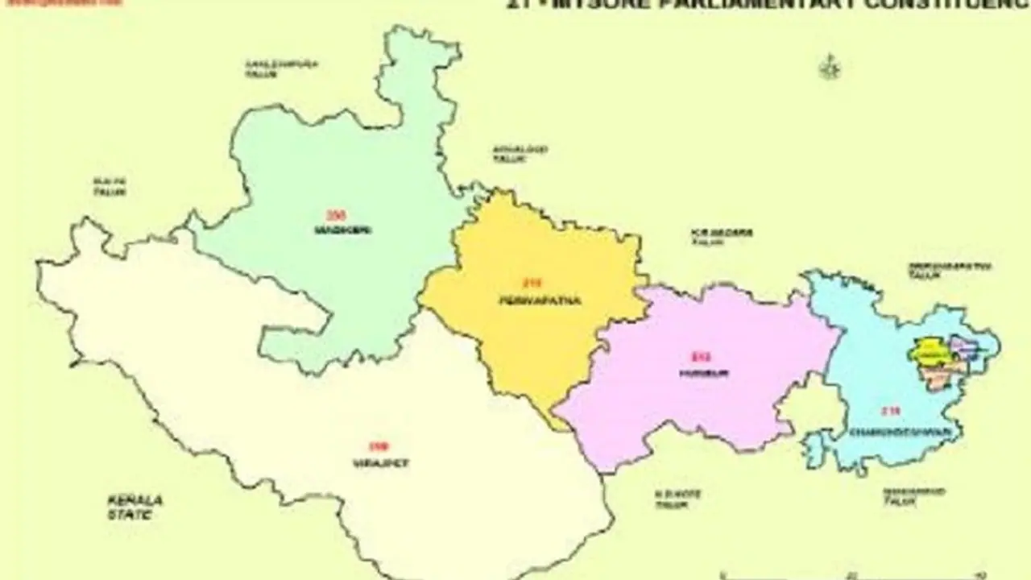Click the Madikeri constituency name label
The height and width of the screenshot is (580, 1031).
point(333,230)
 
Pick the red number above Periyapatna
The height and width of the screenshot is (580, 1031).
point(533,284)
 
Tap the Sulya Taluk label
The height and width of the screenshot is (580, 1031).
point(110,188)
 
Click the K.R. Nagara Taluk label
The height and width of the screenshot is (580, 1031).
point(722,237)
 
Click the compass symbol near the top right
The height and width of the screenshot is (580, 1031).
point(829,68)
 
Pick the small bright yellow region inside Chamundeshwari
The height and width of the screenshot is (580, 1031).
point(928,352)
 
